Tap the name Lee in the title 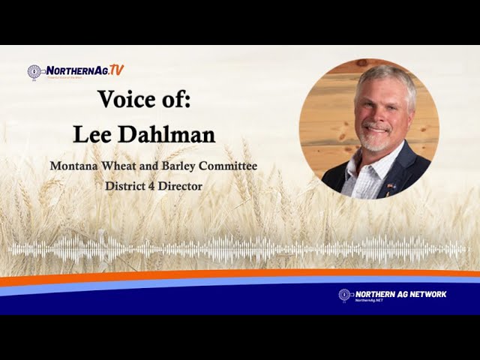92,134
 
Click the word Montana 74,165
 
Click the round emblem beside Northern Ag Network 344,295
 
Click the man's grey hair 385,79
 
